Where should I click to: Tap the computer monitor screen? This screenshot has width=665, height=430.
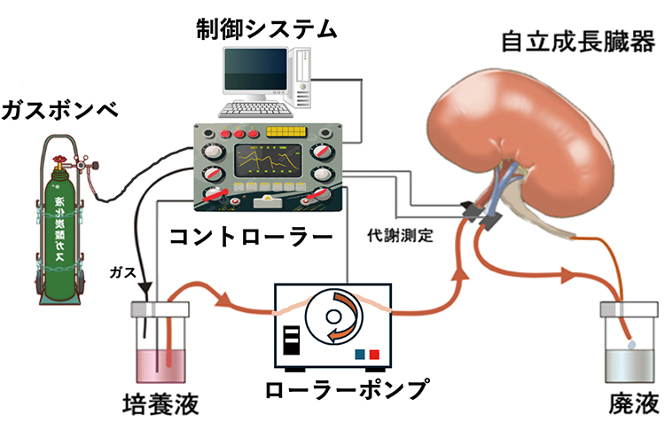click(x=255, y=68)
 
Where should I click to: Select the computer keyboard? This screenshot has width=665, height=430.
click(x=255, y=109)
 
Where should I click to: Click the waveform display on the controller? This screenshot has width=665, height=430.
click(x=268, y=160)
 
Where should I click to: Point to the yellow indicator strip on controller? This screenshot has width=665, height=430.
click(x=286, y=132)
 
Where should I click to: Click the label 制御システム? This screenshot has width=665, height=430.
click(x=266, y=29)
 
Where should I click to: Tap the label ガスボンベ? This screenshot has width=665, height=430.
click(x=59, y=111)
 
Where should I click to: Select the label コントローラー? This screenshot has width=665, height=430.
click(x=251, y=237)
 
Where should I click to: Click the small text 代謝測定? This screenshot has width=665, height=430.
click(x=400, y=235)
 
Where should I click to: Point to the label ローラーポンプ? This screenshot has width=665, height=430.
click(x=347, y=389)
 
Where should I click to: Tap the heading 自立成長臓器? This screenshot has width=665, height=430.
click(x=578, y=42)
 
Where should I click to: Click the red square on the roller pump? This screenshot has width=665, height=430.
click(x=374, y=354)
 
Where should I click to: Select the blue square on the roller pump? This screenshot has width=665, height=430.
click(x=360, y=354)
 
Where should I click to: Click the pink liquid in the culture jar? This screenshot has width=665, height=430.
click(x=160, y=365)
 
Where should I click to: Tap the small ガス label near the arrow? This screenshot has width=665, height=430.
click(x=122, y=272)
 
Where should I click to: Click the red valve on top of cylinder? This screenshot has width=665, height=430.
click(x=59, y=160)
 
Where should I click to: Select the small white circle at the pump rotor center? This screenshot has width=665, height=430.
click(x=333, y=317)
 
